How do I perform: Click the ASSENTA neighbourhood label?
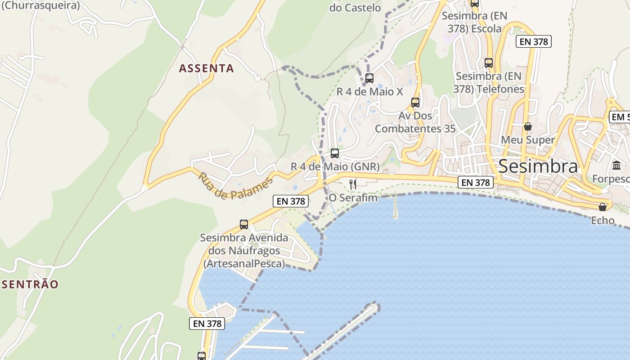207,68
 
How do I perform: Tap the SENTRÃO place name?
30,284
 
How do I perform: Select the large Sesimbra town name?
538,166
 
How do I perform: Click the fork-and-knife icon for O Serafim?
353,184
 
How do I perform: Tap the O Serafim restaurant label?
353,198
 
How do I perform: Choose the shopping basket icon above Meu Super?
528,126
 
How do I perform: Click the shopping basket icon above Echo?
603,207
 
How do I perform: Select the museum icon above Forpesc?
616,165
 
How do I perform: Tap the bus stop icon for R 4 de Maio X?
369,78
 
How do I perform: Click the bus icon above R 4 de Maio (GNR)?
335,153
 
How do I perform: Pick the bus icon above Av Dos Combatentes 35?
415,102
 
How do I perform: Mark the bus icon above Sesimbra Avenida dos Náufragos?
244,224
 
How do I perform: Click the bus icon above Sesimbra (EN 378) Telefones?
489,63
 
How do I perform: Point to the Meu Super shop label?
528,140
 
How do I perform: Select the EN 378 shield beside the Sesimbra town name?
476,183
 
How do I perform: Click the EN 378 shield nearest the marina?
207,323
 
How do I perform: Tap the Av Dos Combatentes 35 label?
415,122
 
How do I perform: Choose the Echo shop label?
603,220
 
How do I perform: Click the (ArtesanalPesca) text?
244,264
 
